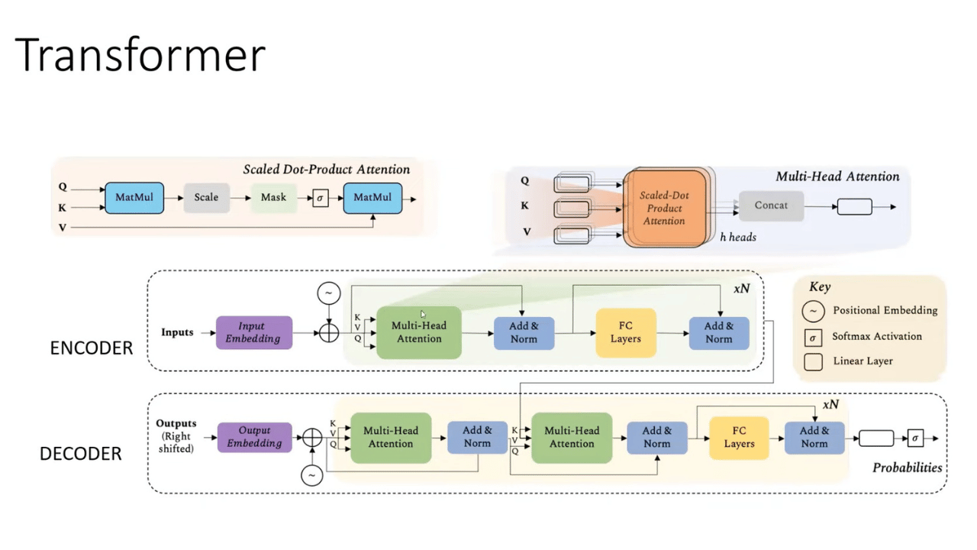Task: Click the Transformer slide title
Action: tap(140, 55)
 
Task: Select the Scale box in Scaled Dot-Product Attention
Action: tap(206, 197)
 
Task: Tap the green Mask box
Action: tap(273, 197)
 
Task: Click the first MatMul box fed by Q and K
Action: tap(134, 197)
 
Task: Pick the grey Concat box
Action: tap(771, 205)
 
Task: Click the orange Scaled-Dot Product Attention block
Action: tap(664, 208)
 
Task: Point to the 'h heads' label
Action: tap(738, 238)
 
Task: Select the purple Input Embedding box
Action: tap(253, 332)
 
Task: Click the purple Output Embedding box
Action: tap(254, 437)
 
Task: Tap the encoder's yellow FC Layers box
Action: tap(625, 332)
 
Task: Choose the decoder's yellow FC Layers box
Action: tap(739, 437)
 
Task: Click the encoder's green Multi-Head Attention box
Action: tap(418, 332)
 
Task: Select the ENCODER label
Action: tap(91, 348)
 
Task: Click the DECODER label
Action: tap(80, 454)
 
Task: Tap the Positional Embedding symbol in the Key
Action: tap(814, 311)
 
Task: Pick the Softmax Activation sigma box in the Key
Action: tap(814, 337)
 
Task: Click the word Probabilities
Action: tap(907, 467)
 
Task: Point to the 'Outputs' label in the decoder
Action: tap(176, 423)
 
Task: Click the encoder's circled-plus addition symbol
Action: tap(328, 332)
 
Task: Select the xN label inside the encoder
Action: tap(741, 290)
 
